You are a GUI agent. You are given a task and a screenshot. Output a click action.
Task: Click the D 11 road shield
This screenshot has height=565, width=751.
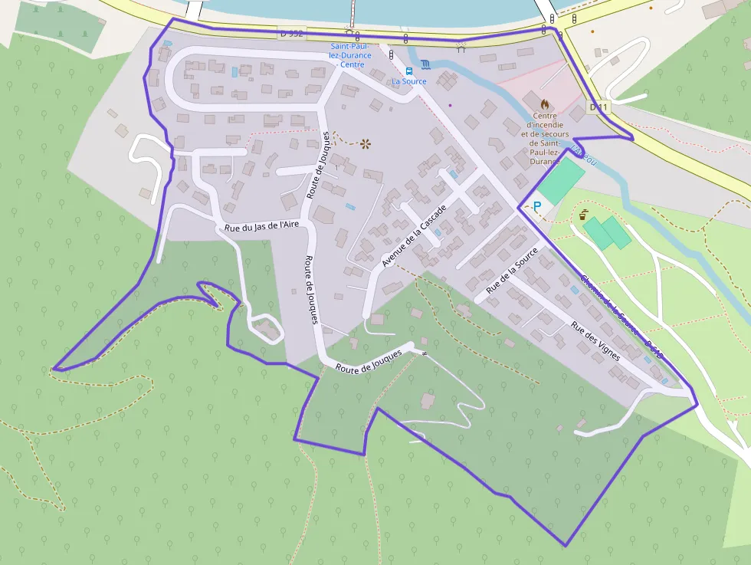coord(598,107)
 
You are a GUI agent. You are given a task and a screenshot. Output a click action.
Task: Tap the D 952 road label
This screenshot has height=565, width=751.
coord(292,34)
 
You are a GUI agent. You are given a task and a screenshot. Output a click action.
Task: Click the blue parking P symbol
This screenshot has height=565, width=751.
coord(537,205)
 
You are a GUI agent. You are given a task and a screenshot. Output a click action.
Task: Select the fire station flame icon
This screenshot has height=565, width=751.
coord(545,103)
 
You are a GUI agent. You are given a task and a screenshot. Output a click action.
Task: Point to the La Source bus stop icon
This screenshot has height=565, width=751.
coord(408,71)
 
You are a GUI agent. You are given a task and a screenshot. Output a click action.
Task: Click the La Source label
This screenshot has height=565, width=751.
coord(408,81)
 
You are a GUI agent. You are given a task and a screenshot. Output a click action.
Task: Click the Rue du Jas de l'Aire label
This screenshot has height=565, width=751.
coord(261,226)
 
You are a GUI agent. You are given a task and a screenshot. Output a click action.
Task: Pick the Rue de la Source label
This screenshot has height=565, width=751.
coord(512,271)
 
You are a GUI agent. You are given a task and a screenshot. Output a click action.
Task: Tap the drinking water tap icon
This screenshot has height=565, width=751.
coord(585,214)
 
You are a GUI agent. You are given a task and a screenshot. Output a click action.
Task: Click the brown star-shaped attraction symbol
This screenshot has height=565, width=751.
coord(366,143)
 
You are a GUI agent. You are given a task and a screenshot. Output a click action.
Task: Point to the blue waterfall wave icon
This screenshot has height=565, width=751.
coord(426,64)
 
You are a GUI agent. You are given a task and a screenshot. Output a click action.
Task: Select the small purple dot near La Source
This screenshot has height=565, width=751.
coord(450,105)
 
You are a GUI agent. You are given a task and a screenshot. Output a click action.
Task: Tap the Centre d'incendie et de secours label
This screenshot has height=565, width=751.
coord(545,137)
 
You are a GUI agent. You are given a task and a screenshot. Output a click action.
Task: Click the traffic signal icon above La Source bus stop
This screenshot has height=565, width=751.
coord(391,55)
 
